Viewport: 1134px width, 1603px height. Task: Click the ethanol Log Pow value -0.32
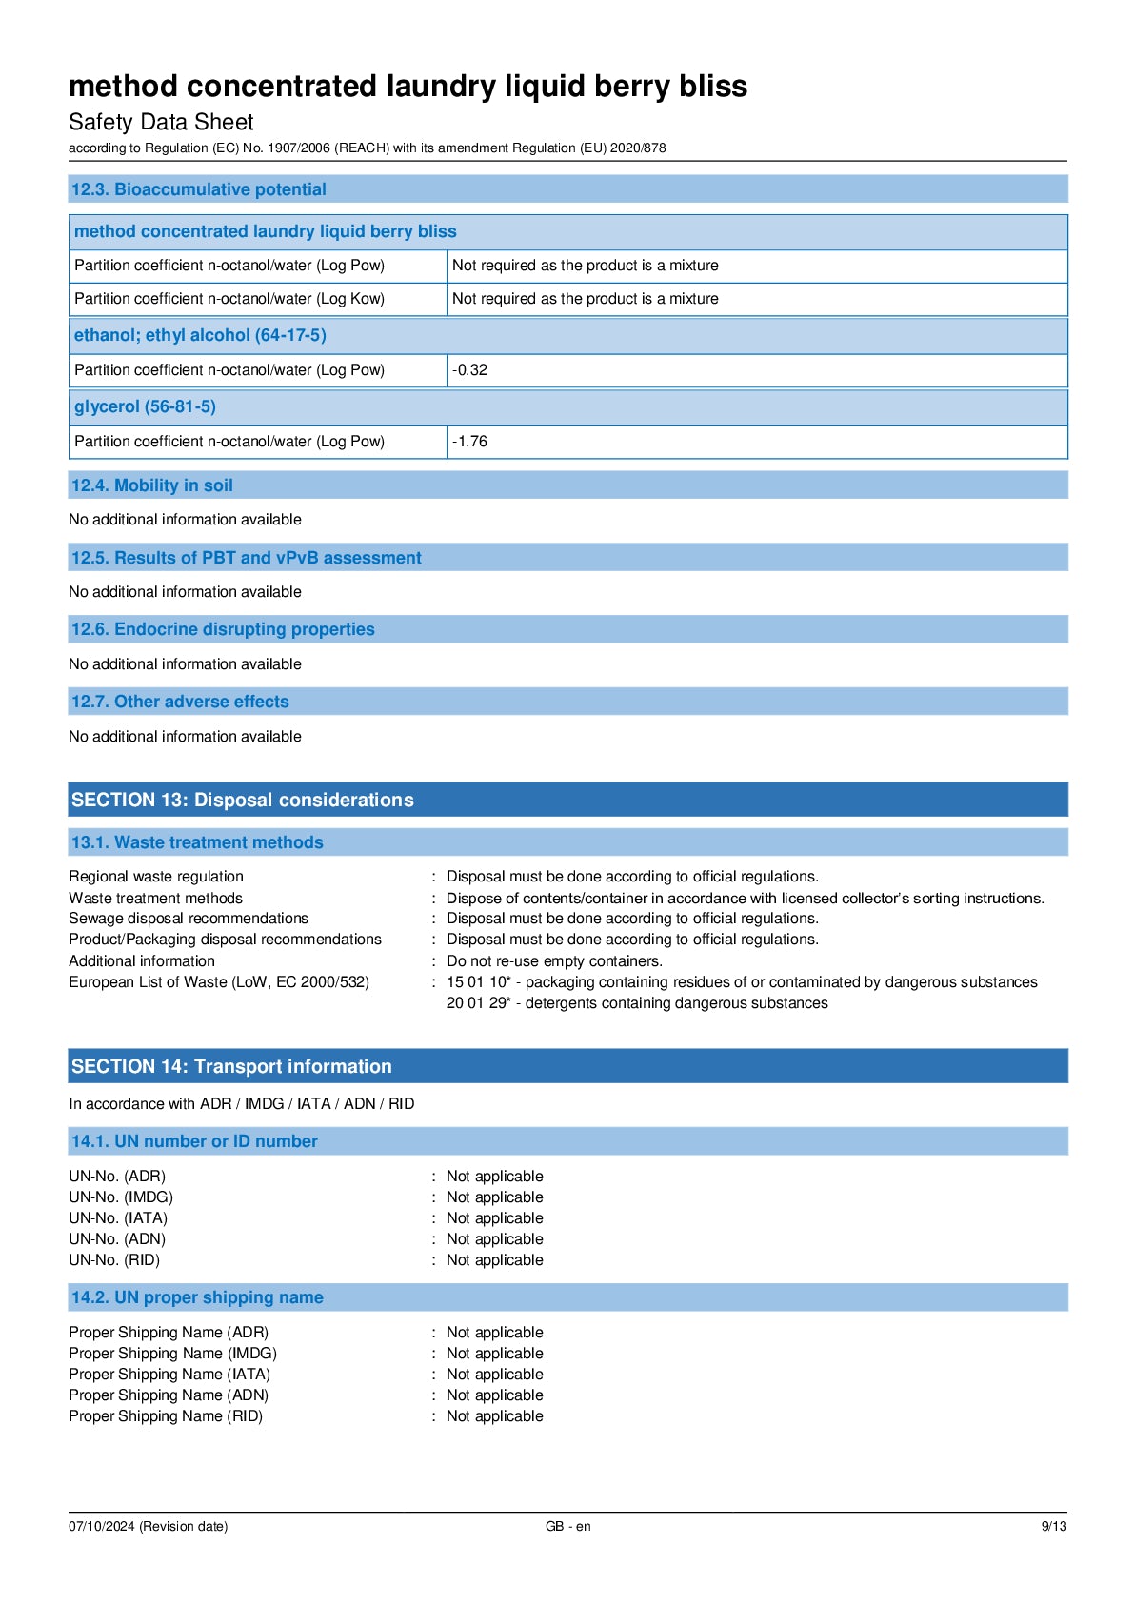pos(470,370)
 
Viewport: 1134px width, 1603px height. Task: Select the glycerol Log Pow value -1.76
pos(470,442)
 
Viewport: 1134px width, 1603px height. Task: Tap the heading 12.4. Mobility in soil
pos(152,485)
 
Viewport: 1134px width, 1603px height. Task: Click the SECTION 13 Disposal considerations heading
pos(243,800)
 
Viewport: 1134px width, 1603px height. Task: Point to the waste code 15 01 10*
pos(478,982)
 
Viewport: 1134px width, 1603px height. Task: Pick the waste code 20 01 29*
pos(478,1003)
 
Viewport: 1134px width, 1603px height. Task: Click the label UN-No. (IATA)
pos(118,1218)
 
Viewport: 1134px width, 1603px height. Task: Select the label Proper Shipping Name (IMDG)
pos(172,1354)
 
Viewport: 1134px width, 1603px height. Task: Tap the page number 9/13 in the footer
pos(1053,1526)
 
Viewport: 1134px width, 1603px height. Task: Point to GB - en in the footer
pos(567,1526)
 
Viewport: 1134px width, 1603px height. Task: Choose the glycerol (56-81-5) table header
pos(145,406)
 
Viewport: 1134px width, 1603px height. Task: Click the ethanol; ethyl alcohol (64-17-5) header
pos(200,335)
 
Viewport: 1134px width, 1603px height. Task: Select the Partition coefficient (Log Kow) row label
pos(229,299)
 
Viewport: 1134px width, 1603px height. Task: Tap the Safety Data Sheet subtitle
pos(161,122)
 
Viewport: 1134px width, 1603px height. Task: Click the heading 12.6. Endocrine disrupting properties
pos(223,629)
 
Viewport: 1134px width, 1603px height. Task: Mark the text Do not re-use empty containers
pos(554,961)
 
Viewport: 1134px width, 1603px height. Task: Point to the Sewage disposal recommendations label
pos(189,919)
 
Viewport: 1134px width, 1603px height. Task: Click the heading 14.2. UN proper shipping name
pos(197,1297)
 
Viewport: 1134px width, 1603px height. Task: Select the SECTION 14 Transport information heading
pos(231,1066)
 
